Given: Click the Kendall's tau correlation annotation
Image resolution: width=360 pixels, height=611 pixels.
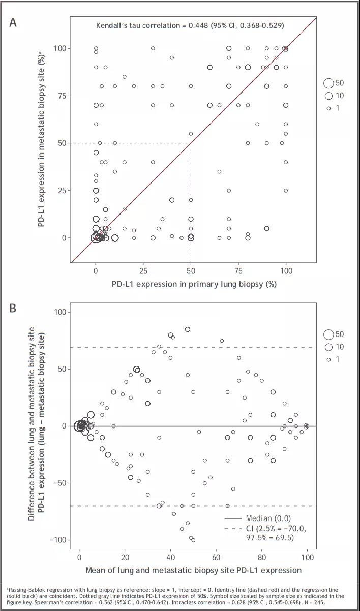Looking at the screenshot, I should [190, 25].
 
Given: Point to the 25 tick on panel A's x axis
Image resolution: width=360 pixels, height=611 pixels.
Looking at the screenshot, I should [143, 270].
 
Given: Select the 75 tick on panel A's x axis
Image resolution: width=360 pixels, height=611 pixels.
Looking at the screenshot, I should [238, 270].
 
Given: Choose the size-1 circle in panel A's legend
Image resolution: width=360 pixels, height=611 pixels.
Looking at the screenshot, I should [328, 108].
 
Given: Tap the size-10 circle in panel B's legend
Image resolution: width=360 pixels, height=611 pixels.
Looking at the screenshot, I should [328, 347].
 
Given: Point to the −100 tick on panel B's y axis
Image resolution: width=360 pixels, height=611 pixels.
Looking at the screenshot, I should [57, 540].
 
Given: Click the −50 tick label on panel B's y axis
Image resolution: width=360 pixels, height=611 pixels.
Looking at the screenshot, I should [59, 483].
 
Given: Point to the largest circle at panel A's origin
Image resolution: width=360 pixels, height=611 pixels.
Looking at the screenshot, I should [96, 237].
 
